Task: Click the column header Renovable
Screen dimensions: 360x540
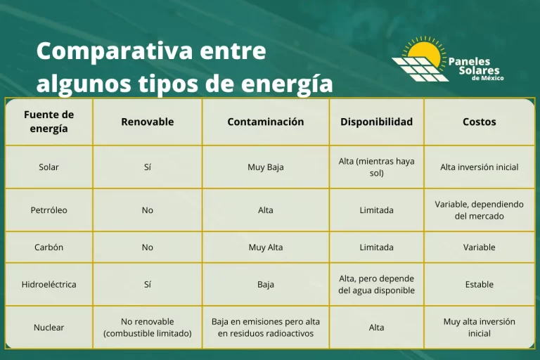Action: tap(147, 122)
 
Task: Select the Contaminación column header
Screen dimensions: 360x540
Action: tap(265, 122)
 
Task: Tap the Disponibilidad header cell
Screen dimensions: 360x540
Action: tap(376, 122)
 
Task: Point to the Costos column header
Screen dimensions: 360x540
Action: tap(479, 122)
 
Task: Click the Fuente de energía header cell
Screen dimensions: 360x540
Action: tap(49, 122)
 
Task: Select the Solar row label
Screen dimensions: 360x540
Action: tap(49, 167)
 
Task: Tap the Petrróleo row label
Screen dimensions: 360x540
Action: tap(49, 210)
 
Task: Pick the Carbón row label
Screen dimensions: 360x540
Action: tap(49, 247)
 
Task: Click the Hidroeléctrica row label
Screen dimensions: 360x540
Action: tap(49, 285)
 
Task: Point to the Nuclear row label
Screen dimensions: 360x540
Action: tap(49, 327)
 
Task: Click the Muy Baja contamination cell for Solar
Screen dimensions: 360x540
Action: tap(265, 167)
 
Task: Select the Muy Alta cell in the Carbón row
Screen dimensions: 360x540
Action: tap(265, 247)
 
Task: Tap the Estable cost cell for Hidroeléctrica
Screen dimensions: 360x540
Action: tap(479, 285)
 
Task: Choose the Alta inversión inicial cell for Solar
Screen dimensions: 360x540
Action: tap(479, 167)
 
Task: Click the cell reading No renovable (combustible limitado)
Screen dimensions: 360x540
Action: tap(147, 327)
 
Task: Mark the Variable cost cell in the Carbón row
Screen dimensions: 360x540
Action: tap(479, 247)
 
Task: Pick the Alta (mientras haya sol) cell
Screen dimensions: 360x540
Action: tap(376, 167)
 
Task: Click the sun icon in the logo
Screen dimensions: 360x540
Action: tap(425, 51)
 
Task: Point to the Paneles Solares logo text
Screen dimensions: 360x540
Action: tap(478, 67)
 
